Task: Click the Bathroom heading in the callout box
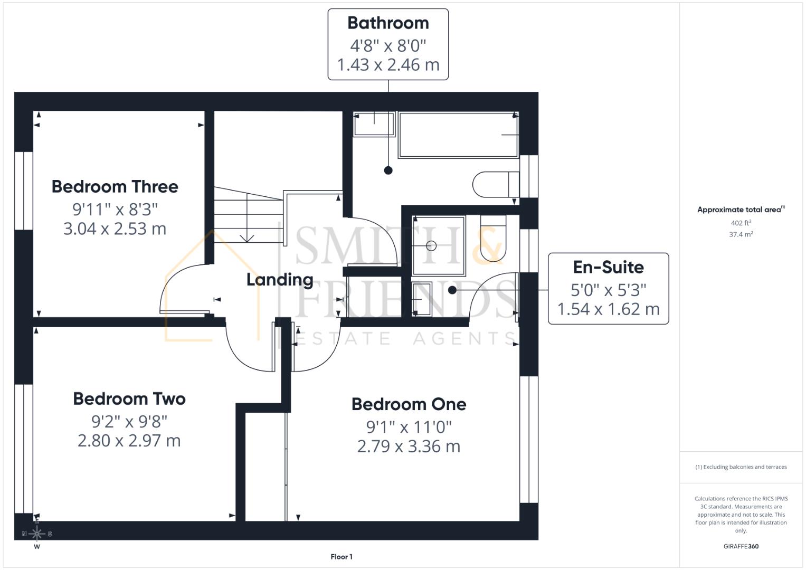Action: (388, 23)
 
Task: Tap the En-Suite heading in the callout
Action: (608, 267)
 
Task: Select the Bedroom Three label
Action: (115, 187)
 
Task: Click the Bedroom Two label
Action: (129, 398)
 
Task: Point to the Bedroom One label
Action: (409, 404)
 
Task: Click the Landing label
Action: (280, 280)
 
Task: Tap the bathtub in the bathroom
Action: (458, 135)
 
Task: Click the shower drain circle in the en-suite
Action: (431, 245)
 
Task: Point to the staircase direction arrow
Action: (246, 237)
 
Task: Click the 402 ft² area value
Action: (741, 223)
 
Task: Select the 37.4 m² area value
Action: (741, 234)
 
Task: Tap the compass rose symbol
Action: (37, 534)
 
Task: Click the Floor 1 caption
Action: (342, 557)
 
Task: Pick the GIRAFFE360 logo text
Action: (741, 546)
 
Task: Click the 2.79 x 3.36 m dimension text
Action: (409, 446)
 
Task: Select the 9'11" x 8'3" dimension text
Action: (115, 210)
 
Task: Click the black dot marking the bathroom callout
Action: (388, 170)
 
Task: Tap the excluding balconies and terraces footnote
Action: (741, 467)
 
